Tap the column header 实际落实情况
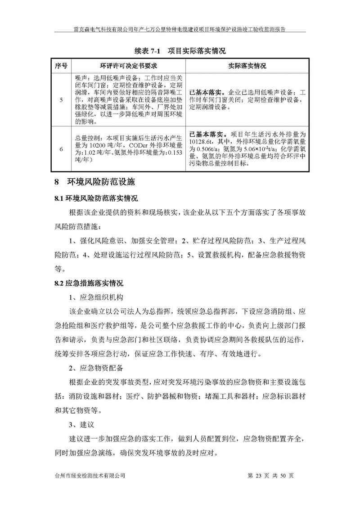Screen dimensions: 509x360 247,66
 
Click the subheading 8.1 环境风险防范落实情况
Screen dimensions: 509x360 96,198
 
